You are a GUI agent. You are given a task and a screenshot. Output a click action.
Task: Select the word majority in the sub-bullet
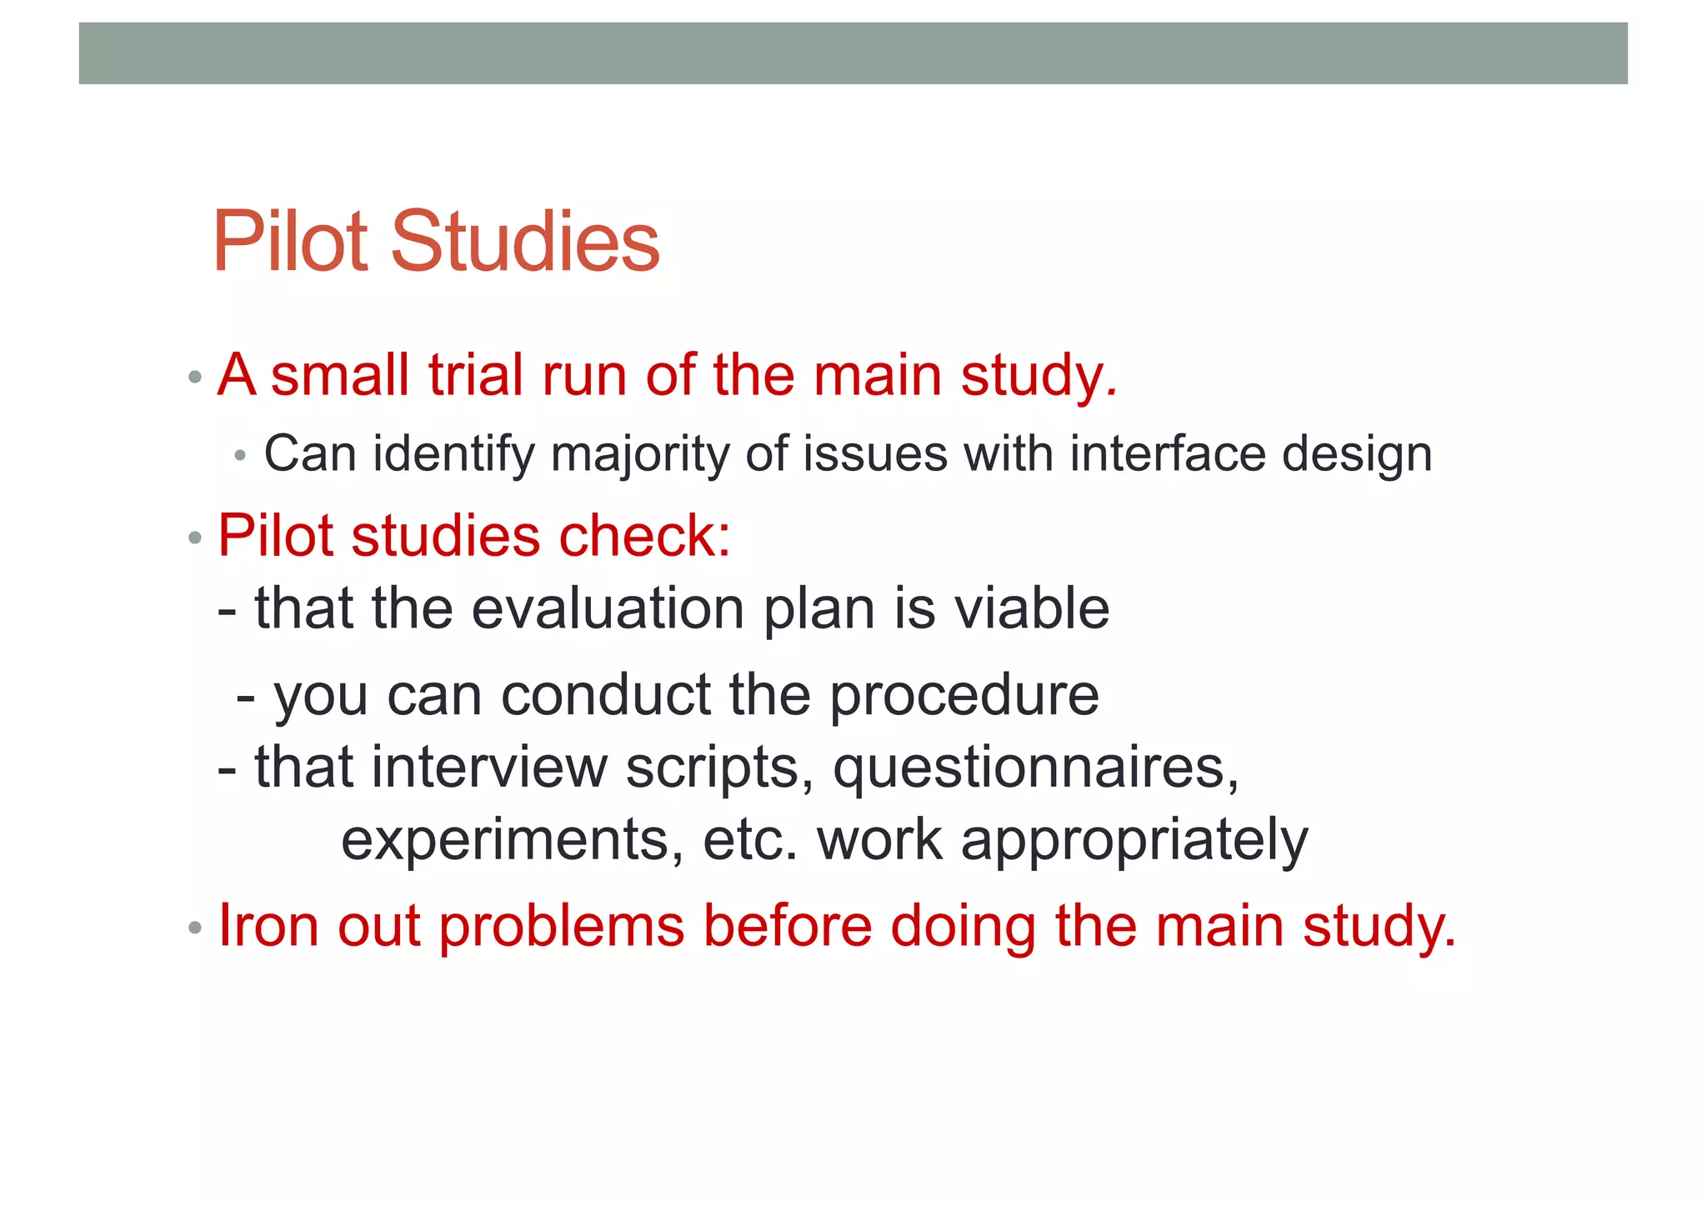click(639, 455)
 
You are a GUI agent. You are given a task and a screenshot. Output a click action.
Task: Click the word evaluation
click(608, 608)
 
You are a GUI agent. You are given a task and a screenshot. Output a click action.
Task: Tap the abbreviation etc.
click(750, 840)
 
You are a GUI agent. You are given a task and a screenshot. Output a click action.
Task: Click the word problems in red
click(561, 927)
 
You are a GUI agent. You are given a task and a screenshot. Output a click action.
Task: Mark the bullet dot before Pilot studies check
click(195, 538)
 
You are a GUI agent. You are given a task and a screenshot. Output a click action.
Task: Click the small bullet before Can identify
click(241, 457)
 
